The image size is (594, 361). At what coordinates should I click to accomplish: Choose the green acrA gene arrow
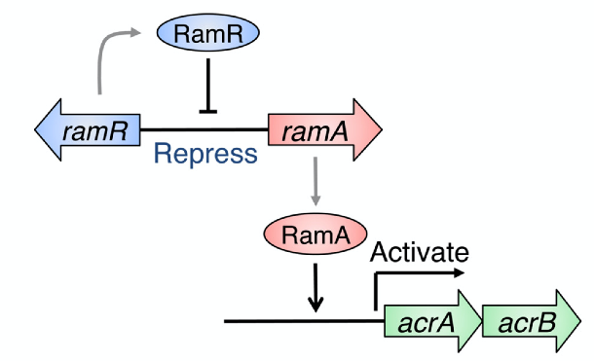[429, 320]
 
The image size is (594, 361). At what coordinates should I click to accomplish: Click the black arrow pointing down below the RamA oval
[314, 288]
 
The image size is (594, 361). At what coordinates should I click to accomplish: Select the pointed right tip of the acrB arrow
[581, 320]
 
